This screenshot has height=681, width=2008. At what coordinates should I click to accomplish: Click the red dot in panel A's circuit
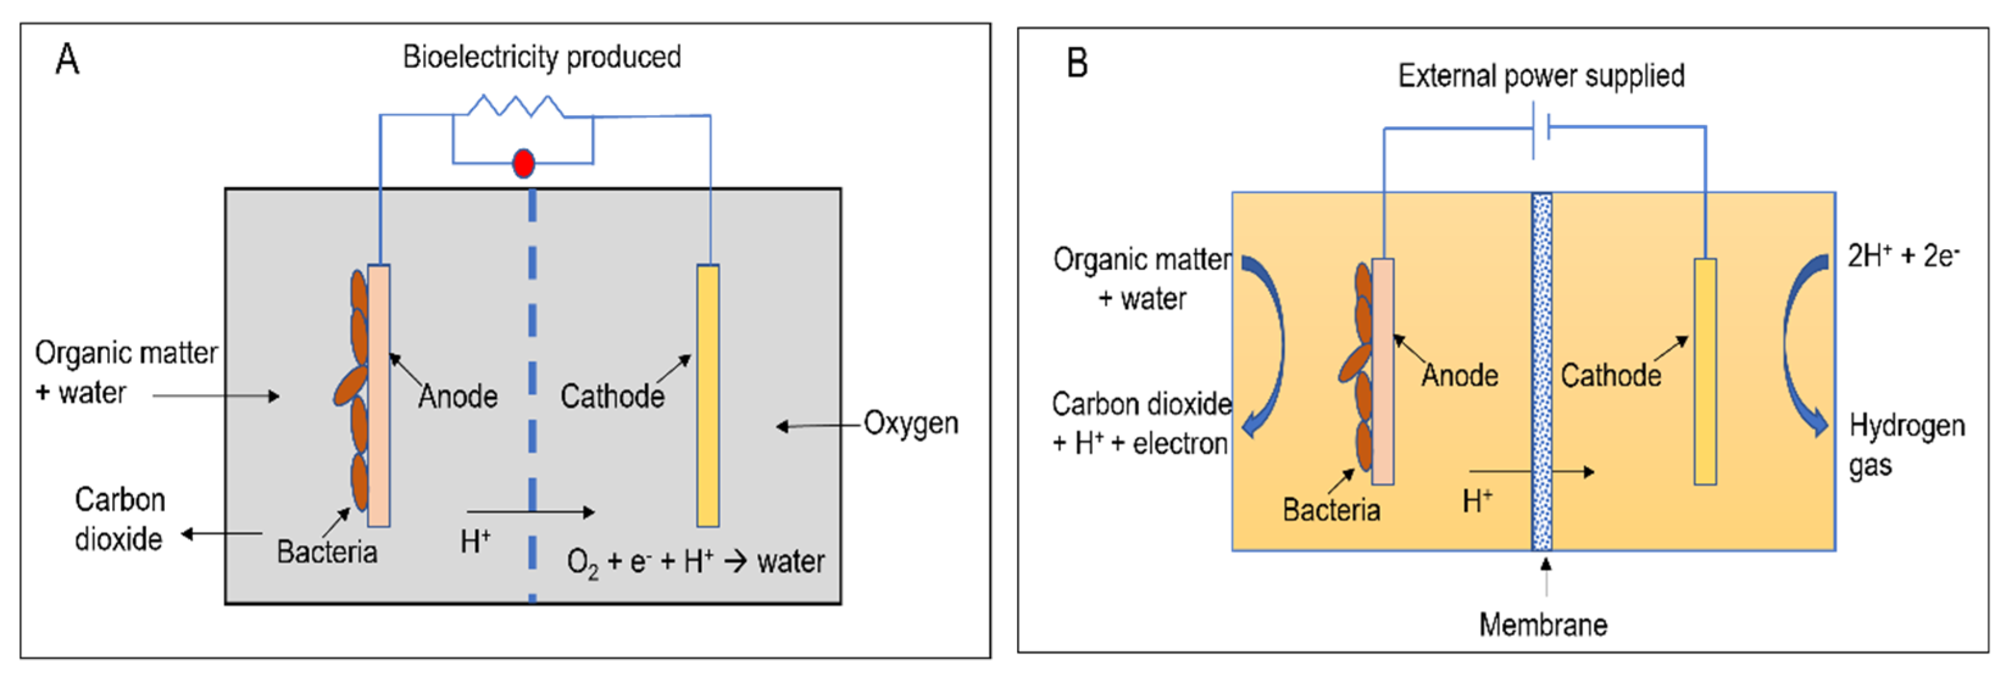tap(523, 164)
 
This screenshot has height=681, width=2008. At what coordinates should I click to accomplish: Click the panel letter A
tap(67, 59)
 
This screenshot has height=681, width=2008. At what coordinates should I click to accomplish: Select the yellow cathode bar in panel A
tap(708, 395)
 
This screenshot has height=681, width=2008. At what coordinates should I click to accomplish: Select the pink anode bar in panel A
tap(379, 395)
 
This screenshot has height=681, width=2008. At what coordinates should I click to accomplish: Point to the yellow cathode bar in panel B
tap(1705, 371)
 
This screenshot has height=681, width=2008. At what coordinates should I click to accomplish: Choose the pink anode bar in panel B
tap(1383, 371)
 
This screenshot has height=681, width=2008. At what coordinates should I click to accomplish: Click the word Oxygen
tap(911, 424)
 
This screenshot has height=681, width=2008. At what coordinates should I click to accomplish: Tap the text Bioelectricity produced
tap(542, 57)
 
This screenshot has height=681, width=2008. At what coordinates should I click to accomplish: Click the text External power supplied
tap(1541, 76)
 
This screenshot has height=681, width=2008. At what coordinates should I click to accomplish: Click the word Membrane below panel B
tap(1543, 625)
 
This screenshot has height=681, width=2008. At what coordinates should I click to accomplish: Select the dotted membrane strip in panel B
tap(1542, 371)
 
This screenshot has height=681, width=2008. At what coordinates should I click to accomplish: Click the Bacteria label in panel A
tap(327, 552)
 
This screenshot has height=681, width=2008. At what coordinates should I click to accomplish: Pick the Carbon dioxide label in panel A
tap(119, 519)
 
